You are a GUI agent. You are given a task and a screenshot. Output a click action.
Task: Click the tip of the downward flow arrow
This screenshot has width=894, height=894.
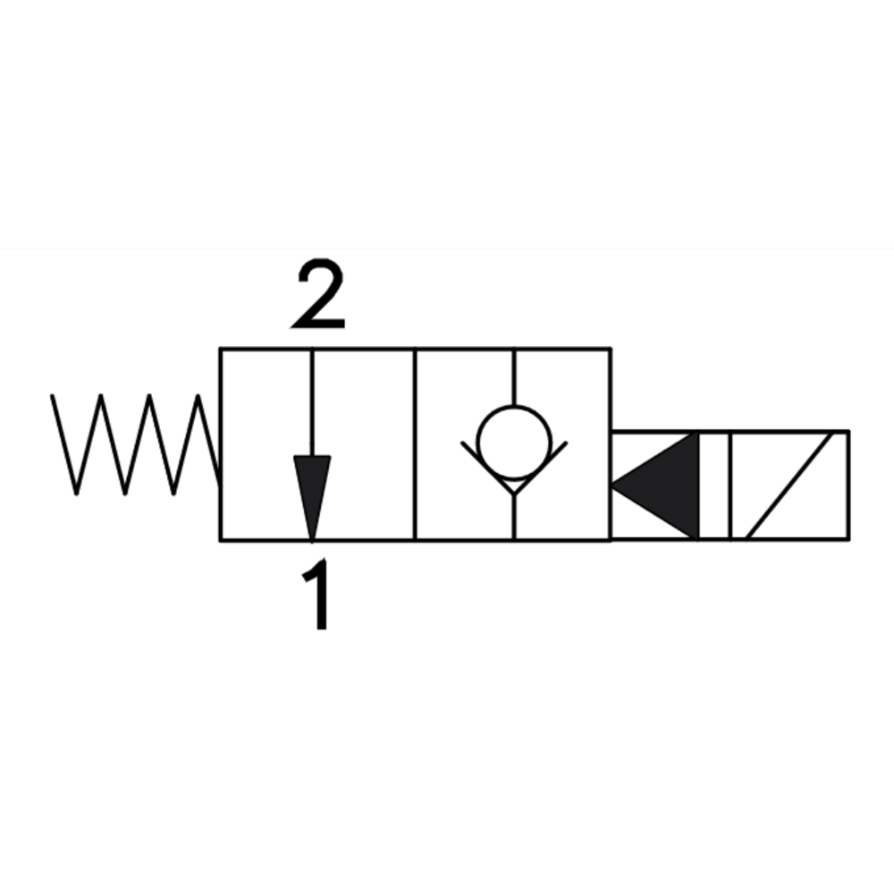click(x=312, y=539)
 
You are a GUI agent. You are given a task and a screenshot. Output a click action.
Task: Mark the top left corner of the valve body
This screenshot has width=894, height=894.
click(x=221, y=349)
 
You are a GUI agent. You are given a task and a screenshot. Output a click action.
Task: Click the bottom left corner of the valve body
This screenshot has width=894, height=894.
click(x=221, y=539)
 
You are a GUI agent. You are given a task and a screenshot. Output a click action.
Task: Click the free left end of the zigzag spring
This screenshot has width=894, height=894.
click(x=52, y=395)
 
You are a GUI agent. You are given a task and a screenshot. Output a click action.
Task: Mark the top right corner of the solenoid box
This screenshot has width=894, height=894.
click(x=849, y=432)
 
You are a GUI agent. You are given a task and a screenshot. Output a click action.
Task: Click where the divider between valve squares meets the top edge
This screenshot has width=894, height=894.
click(x=415, y=349)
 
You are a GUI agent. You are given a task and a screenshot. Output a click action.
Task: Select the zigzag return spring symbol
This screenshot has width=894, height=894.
click(x=136, y=443)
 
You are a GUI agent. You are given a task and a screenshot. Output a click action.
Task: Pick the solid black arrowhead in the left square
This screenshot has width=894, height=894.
click(x=312, y=497)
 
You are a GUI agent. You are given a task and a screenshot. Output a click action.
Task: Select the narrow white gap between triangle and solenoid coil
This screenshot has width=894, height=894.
click(x=714, y=485)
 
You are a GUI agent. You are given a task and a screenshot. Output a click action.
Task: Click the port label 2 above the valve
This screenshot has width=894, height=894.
click(x=319, y=294)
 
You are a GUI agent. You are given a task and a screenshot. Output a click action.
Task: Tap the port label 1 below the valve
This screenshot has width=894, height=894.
click(x=317, y=595)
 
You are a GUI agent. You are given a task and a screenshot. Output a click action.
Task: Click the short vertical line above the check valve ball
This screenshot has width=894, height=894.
click(x=514, y=377)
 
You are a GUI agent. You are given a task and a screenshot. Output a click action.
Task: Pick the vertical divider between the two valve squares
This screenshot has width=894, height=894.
click(x=415, y=443)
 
